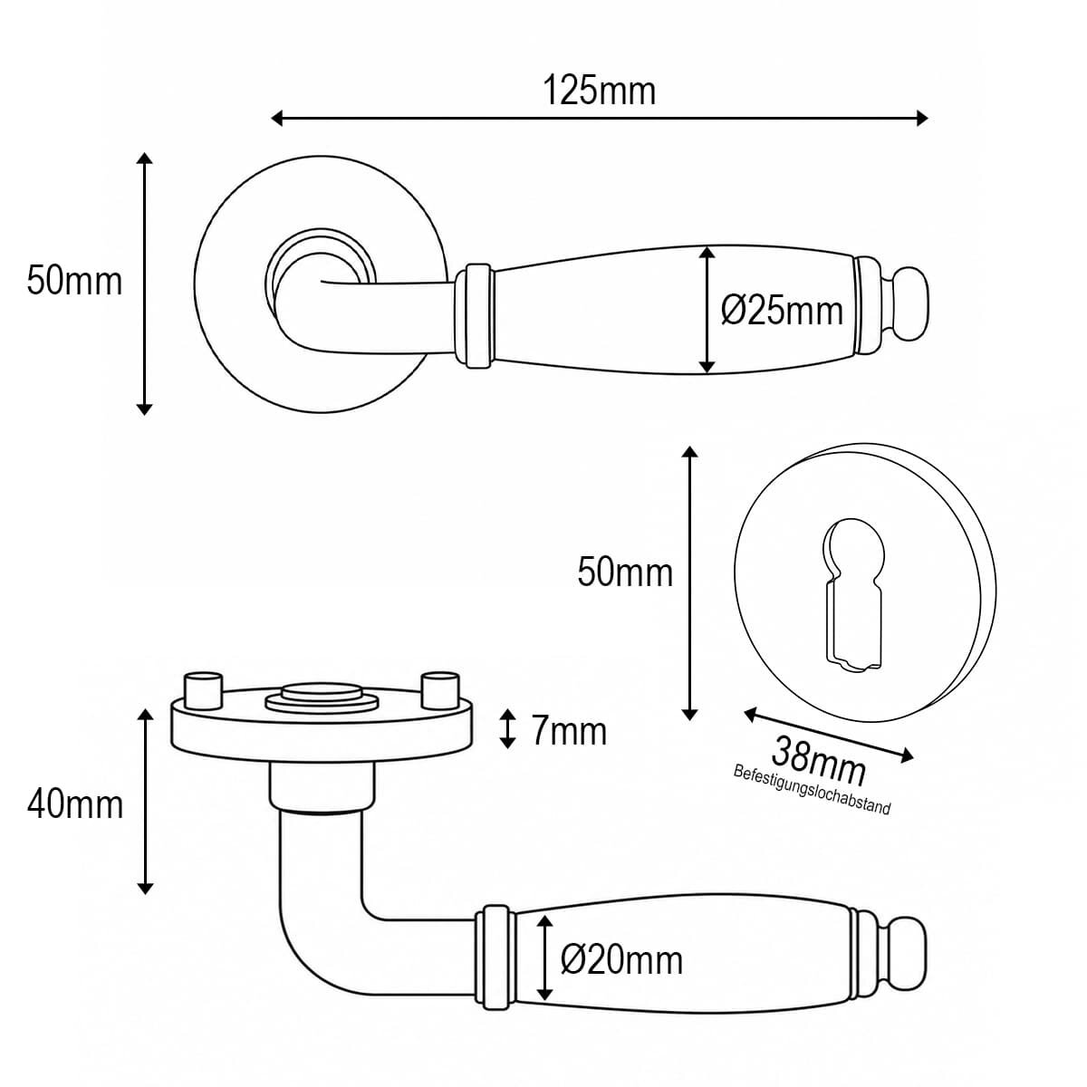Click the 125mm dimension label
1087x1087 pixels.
pyautogui.click(x=599, y=91)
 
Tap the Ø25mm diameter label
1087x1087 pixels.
pyautogui.click(x=782, y=311)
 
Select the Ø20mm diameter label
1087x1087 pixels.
pyautogui.click(x=621, y=960)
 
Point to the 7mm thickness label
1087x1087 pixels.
pyautogui.click(x=569, y=732)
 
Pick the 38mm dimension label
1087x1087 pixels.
pyautogui.click(x=818, y=761)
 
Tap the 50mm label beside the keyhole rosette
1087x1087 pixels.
pyautogui.click(x=625, y=572)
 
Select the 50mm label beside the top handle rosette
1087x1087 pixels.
pyautogui.click(x=74, y=281)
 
